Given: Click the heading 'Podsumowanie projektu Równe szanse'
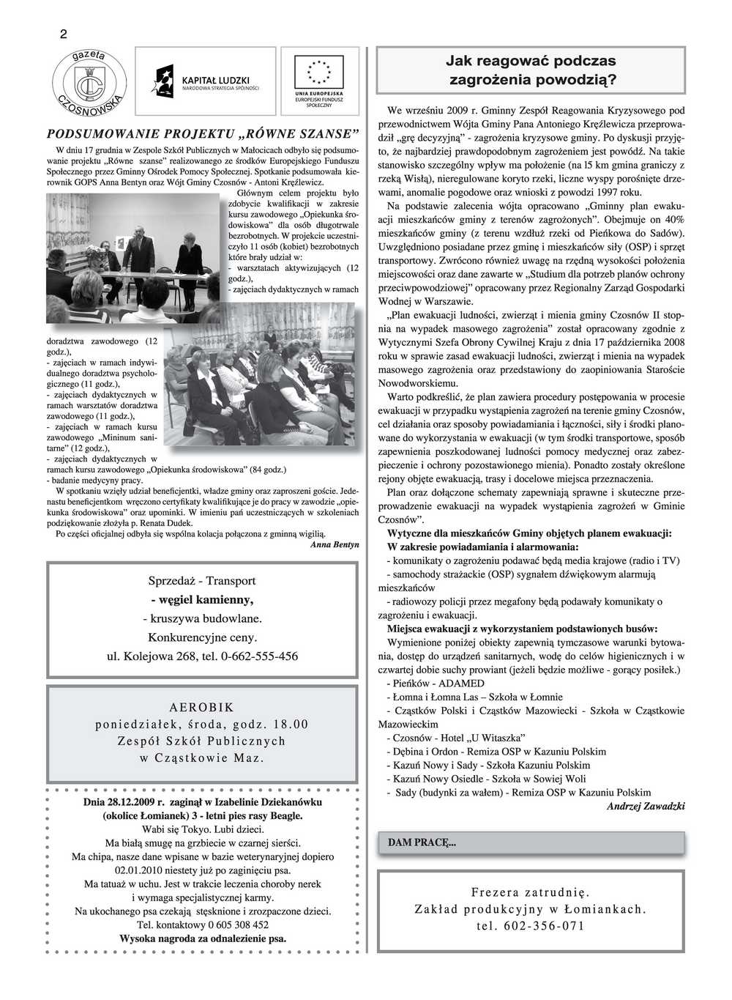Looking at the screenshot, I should (x=203, y=133).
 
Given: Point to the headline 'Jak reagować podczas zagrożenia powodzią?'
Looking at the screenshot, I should (x=531, y=70).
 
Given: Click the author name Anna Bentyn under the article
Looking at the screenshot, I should (x=335, y=545).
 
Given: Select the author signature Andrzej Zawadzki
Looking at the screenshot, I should (x=646, y=806).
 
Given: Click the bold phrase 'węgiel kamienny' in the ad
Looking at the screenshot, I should (x=202, y=600).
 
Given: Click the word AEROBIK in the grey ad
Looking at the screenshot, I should (x=202, y=708).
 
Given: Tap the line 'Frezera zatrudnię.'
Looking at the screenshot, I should (x=531, y=892).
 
